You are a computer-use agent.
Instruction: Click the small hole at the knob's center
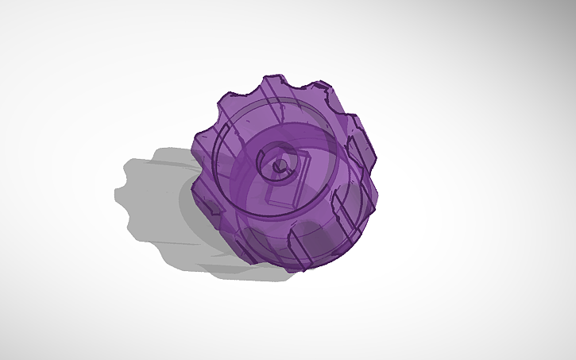280,166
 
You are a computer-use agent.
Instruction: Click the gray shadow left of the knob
159,199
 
